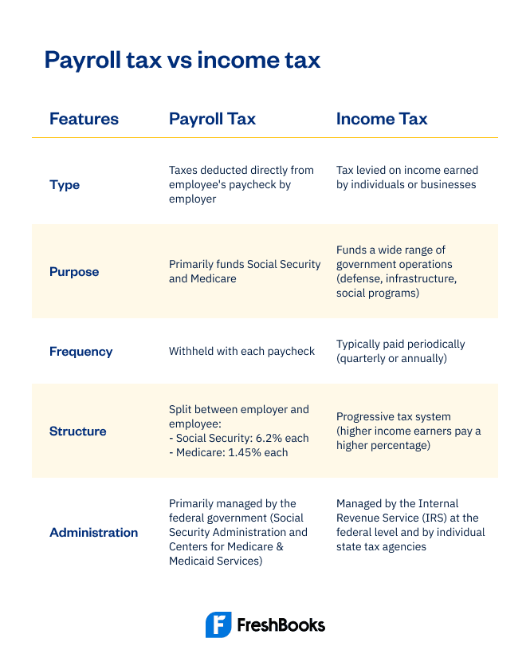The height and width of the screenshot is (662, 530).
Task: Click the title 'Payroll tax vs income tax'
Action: tap(182, 60)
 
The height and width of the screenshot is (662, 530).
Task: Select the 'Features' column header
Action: tap(84, 119)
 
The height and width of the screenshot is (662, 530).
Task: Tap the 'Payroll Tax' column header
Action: tap(212, 119)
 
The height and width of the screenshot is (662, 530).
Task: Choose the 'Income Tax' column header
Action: tap(382, 119)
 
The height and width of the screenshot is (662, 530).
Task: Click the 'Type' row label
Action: tap(65, 184)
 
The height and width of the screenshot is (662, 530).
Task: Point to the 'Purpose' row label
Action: tap(74, 271)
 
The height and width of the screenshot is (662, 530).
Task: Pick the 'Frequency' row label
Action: tap(80, 351)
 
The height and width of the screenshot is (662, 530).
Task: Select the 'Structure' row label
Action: tap(77, 431)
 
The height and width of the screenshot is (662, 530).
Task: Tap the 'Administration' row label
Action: tap(93, 532)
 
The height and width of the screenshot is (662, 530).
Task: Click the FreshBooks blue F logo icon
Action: tap(218, 625)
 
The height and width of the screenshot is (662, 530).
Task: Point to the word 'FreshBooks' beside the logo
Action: tap(281, 625)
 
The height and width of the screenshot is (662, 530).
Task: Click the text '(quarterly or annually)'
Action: tap(391, 358)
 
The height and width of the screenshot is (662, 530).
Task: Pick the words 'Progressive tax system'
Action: tap(394, 416)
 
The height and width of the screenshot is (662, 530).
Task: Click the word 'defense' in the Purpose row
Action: tap(362, 278)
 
